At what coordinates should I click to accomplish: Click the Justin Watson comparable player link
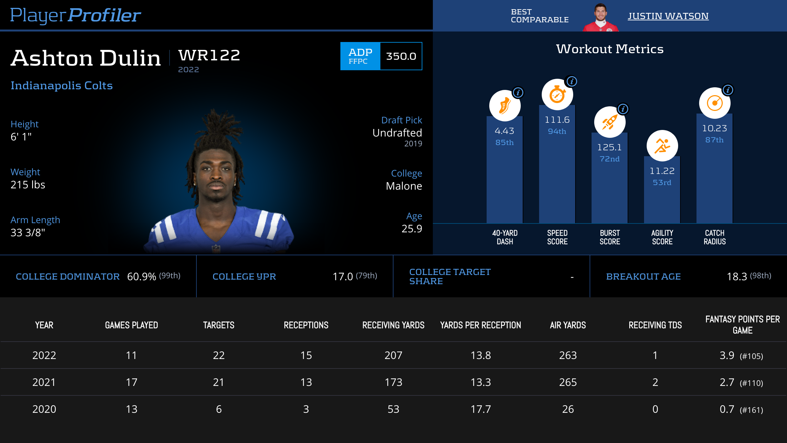[x=668, y=16]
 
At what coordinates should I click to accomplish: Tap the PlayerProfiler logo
[x=75, y=15]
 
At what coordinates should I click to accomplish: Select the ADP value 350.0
[x=401, y=56]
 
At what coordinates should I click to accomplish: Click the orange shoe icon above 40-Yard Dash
[x=505, y=106]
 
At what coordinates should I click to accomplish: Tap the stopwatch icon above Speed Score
[x=557, y=95]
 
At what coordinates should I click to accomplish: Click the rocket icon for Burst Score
[x=610, y=122]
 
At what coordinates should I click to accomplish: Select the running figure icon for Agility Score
[x=662, y=146]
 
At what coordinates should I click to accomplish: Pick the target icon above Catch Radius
[x=715, y=103]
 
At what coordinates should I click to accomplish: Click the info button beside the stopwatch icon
[x=572, y=81]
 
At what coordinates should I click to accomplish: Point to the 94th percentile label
[x=557, y=131]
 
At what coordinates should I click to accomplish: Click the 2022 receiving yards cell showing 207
[x=393, y=355]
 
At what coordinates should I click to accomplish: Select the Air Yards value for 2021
[x=568, y=382]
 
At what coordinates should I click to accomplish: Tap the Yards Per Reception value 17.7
[x=481, y=409]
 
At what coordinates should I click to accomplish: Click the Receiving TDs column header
[x=655, y=325]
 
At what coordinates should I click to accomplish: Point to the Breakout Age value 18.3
[x=737, y=277]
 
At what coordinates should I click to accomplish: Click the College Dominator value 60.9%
[x=142, y=277]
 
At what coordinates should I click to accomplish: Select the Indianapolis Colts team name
[x=62, y=85]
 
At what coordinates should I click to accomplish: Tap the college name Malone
[x=404, y=186]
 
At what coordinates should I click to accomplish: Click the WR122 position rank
[x=209, y=55]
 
